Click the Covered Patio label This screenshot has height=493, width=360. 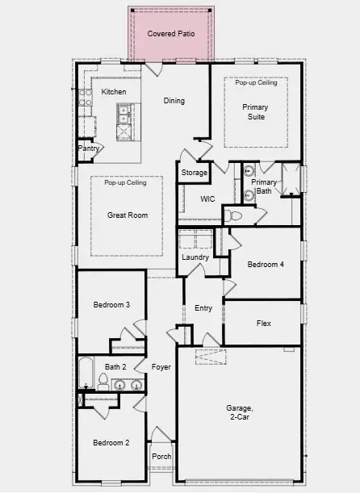[x=170, y=34]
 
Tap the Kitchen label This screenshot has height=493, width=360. [x=114, y=92]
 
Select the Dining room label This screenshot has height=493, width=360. [x=174, y=101]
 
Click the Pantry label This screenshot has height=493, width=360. [x=88, y=148]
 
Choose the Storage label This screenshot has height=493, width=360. [x=194, y=173]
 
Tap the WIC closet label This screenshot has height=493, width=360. [x=207, y=198]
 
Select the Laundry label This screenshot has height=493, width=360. [x=195, y=257]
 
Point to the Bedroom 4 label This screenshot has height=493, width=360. [x=266, y=265]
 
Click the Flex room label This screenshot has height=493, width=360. [x=263, y=324]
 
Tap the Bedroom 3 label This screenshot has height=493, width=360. [x=111, y=304]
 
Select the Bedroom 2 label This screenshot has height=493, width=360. [x=111, y=442]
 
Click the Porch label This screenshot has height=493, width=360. [x=161, y=456]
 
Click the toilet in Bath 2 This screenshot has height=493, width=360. [x=103, y=381]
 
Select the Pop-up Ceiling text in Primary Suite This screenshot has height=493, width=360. [x=256, y=82]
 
